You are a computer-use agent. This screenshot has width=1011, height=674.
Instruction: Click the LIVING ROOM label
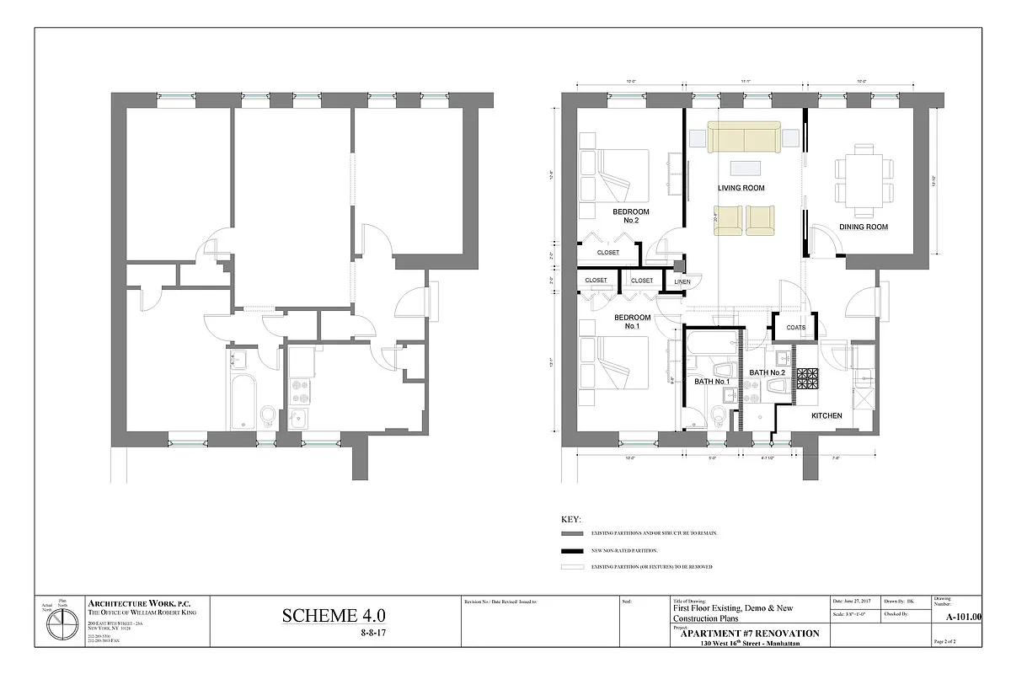click(x=741, y=188)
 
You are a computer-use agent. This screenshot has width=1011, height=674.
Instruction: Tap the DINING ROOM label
click(x=863, y=227)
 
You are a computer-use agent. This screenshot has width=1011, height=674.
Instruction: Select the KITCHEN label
click(x=827, y=415)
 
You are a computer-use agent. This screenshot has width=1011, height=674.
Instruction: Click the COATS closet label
click(x=795, y=328)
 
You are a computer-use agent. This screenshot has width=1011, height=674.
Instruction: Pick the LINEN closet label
click(x=682, y=282)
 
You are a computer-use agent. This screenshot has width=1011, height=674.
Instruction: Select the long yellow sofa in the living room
click(x=742, y=136)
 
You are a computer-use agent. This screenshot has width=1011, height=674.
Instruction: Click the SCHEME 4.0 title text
click(x=334, y=617)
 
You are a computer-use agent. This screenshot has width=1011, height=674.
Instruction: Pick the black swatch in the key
click(x=572, y=550)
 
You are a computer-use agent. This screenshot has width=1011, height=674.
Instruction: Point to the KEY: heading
click(x=570, y=519)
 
